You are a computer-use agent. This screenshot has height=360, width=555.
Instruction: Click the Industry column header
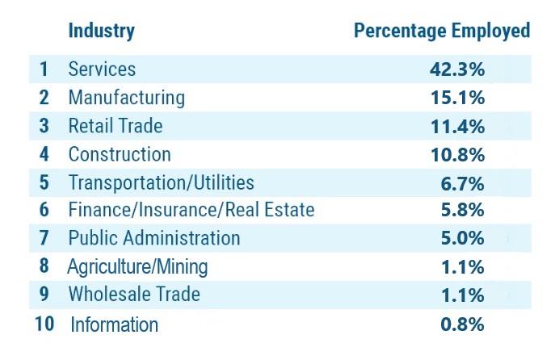101,31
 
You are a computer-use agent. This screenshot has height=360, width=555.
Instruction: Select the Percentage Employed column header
442,31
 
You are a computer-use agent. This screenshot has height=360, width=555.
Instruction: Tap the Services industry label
102,69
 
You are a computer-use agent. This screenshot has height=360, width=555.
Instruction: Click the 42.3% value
457,69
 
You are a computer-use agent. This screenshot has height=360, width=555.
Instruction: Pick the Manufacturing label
126,98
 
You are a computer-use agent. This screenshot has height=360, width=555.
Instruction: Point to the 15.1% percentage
457,98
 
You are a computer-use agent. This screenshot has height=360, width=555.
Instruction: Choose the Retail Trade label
115,126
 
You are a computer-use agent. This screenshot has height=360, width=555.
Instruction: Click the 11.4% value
457,126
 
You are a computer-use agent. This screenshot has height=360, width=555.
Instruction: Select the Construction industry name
120,154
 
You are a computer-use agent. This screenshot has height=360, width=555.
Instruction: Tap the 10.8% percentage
457,154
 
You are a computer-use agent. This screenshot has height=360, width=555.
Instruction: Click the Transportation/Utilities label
161,182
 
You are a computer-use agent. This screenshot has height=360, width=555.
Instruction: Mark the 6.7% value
462,182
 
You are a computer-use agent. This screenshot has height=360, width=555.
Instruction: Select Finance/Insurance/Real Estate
191,211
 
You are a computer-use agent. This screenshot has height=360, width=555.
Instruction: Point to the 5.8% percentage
462,211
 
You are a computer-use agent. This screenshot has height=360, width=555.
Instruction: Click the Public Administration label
153,238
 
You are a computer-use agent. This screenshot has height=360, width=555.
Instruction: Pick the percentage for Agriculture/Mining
462,266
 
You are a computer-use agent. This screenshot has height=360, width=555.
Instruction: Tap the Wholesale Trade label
133,295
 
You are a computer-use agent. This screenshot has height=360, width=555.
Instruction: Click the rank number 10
44,324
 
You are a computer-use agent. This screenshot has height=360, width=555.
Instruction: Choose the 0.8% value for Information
462,324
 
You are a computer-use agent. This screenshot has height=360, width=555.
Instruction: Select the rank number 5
44,182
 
